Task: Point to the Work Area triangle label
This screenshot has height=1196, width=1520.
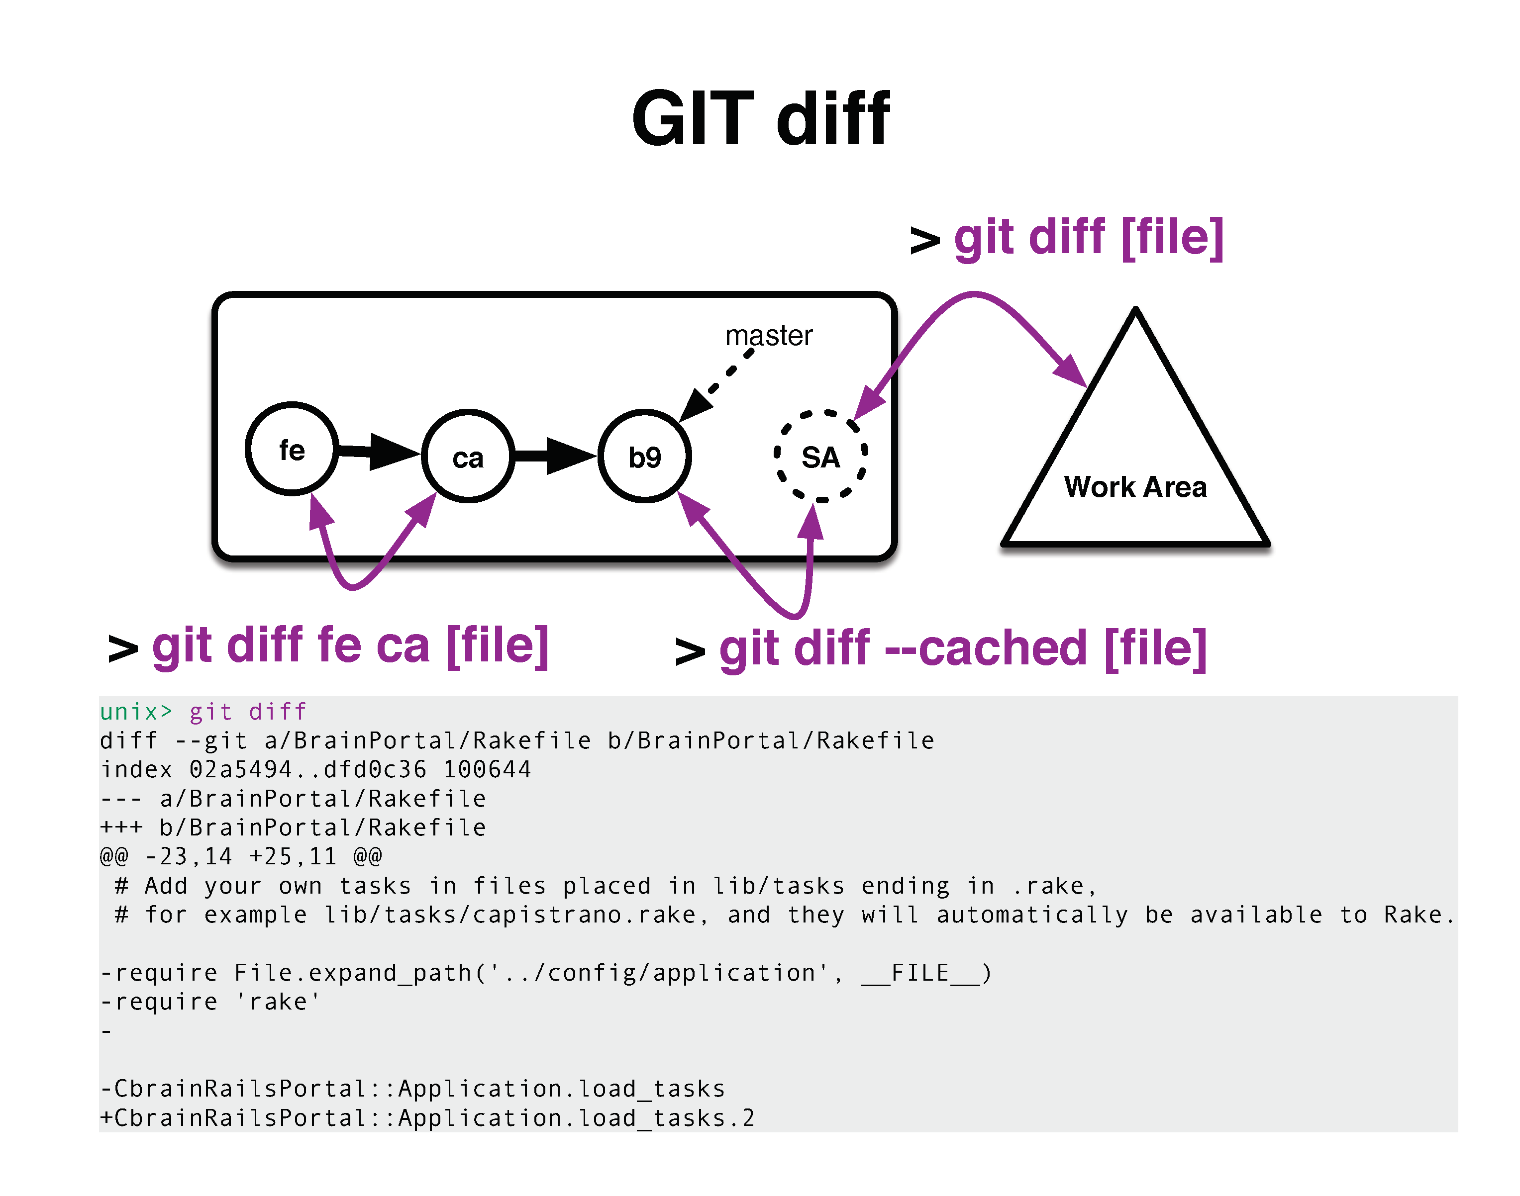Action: (x=1135, y=487)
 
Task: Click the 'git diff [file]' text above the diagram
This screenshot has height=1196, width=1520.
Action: (x=1089, y=238)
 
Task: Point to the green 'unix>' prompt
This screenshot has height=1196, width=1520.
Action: (x=136, y=712)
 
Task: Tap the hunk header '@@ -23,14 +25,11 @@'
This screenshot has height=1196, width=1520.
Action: (x=241, y=856)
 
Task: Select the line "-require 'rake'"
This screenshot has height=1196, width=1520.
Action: (x=210, y=1002)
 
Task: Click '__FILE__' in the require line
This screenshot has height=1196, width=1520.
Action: (x=920, y=973)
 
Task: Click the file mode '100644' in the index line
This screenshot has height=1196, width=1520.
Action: (x=488, y=769)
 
